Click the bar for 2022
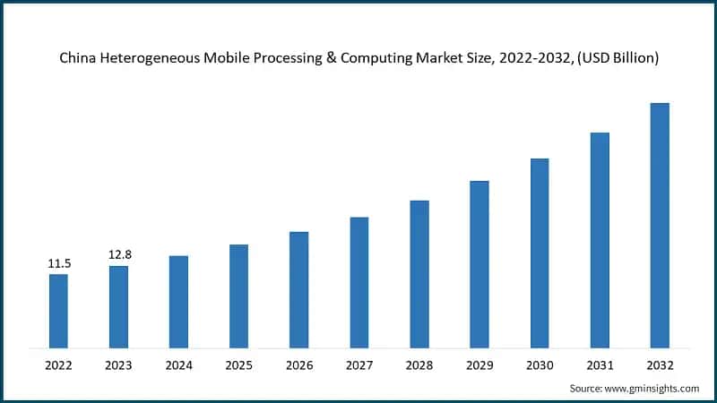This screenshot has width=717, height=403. tap(58, 311)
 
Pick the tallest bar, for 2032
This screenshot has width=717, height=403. tap(660, 225)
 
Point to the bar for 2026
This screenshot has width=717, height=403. tap(298, 289)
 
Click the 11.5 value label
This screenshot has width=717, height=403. tap(58, 263)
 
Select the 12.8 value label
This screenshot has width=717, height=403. tap(118, 255)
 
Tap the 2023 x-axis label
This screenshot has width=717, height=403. tap(118, 365)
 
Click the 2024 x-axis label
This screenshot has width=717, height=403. tap(178, 365)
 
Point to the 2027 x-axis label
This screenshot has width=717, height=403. tap(358, 365)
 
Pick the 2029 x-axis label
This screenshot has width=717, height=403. tap(479, 365)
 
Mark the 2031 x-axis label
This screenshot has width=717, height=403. tap(599, 365)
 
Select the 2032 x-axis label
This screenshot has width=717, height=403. tap(659, 365)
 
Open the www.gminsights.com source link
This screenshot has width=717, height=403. tap(653, 389)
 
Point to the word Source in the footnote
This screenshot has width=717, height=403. tap(588, 389)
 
